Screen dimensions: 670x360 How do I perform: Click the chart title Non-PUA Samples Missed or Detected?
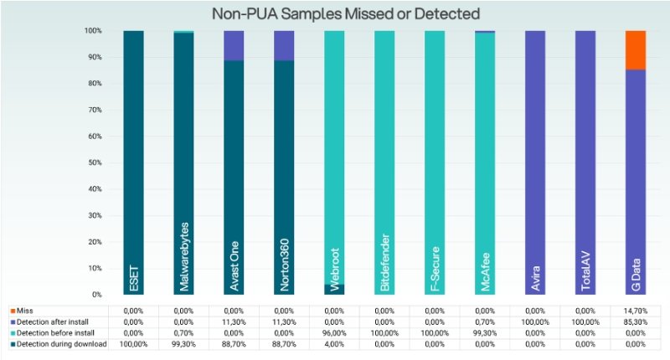(346, 13)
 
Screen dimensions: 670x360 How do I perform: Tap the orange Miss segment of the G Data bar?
(636, 50)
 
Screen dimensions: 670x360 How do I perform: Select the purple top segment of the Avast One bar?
(234, 46)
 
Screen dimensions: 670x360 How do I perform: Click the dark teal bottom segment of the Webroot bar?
(334, 289)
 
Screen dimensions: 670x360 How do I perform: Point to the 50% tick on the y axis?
(93, 162)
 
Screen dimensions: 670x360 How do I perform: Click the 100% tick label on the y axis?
(93, 31)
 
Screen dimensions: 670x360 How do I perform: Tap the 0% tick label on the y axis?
(96, 295)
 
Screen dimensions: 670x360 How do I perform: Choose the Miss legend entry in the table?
(22, 311)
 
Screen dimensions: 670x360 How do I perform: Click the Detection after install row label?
(49, 321)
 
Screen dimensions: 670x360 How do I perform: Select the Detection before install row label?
(52, 332)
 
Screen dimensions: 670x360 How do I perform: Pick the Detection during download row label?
(59, 344)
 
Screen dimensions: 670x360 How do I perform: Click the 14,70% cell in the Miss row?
(636, 311)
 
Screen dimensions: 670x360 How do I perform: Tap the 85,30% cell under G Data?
(636, 322)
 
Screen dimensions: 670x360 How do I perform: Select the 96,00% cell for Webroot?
(334, 333)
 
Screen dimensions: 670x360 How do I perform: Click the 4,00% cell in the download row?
(334, 344)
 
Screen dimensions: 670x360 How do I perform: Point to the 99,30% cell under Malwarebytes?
(183, 344)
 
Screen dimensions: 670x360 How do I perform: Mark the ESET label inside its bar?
(134, 279)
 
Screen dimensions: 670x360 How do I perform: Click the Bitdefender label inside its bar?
(384, 262)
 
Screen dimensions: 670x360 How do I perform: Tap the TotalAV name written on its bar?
(585, 271)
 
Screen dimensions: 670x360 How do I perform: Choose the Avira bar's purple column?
(535, 162)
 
